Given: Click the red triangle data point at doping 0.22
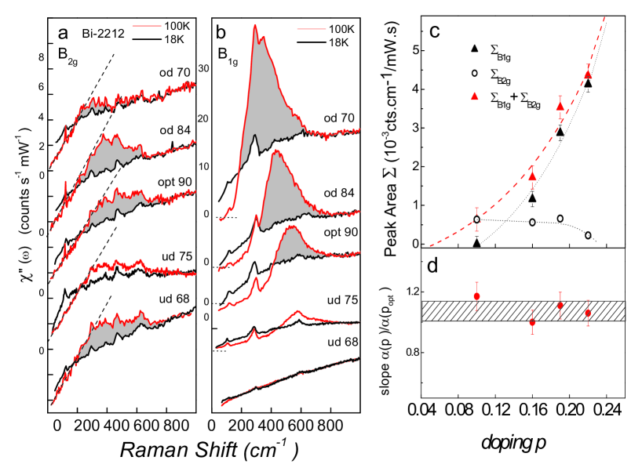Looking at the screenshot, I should pyautogui.click(x=588, y=75).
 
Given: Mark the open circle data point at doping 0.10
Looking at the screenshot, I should pyautogui.click(x=477, y=219).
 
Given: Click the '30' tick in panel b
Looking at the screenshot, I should pyautogui.click(x=206, y=68).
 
